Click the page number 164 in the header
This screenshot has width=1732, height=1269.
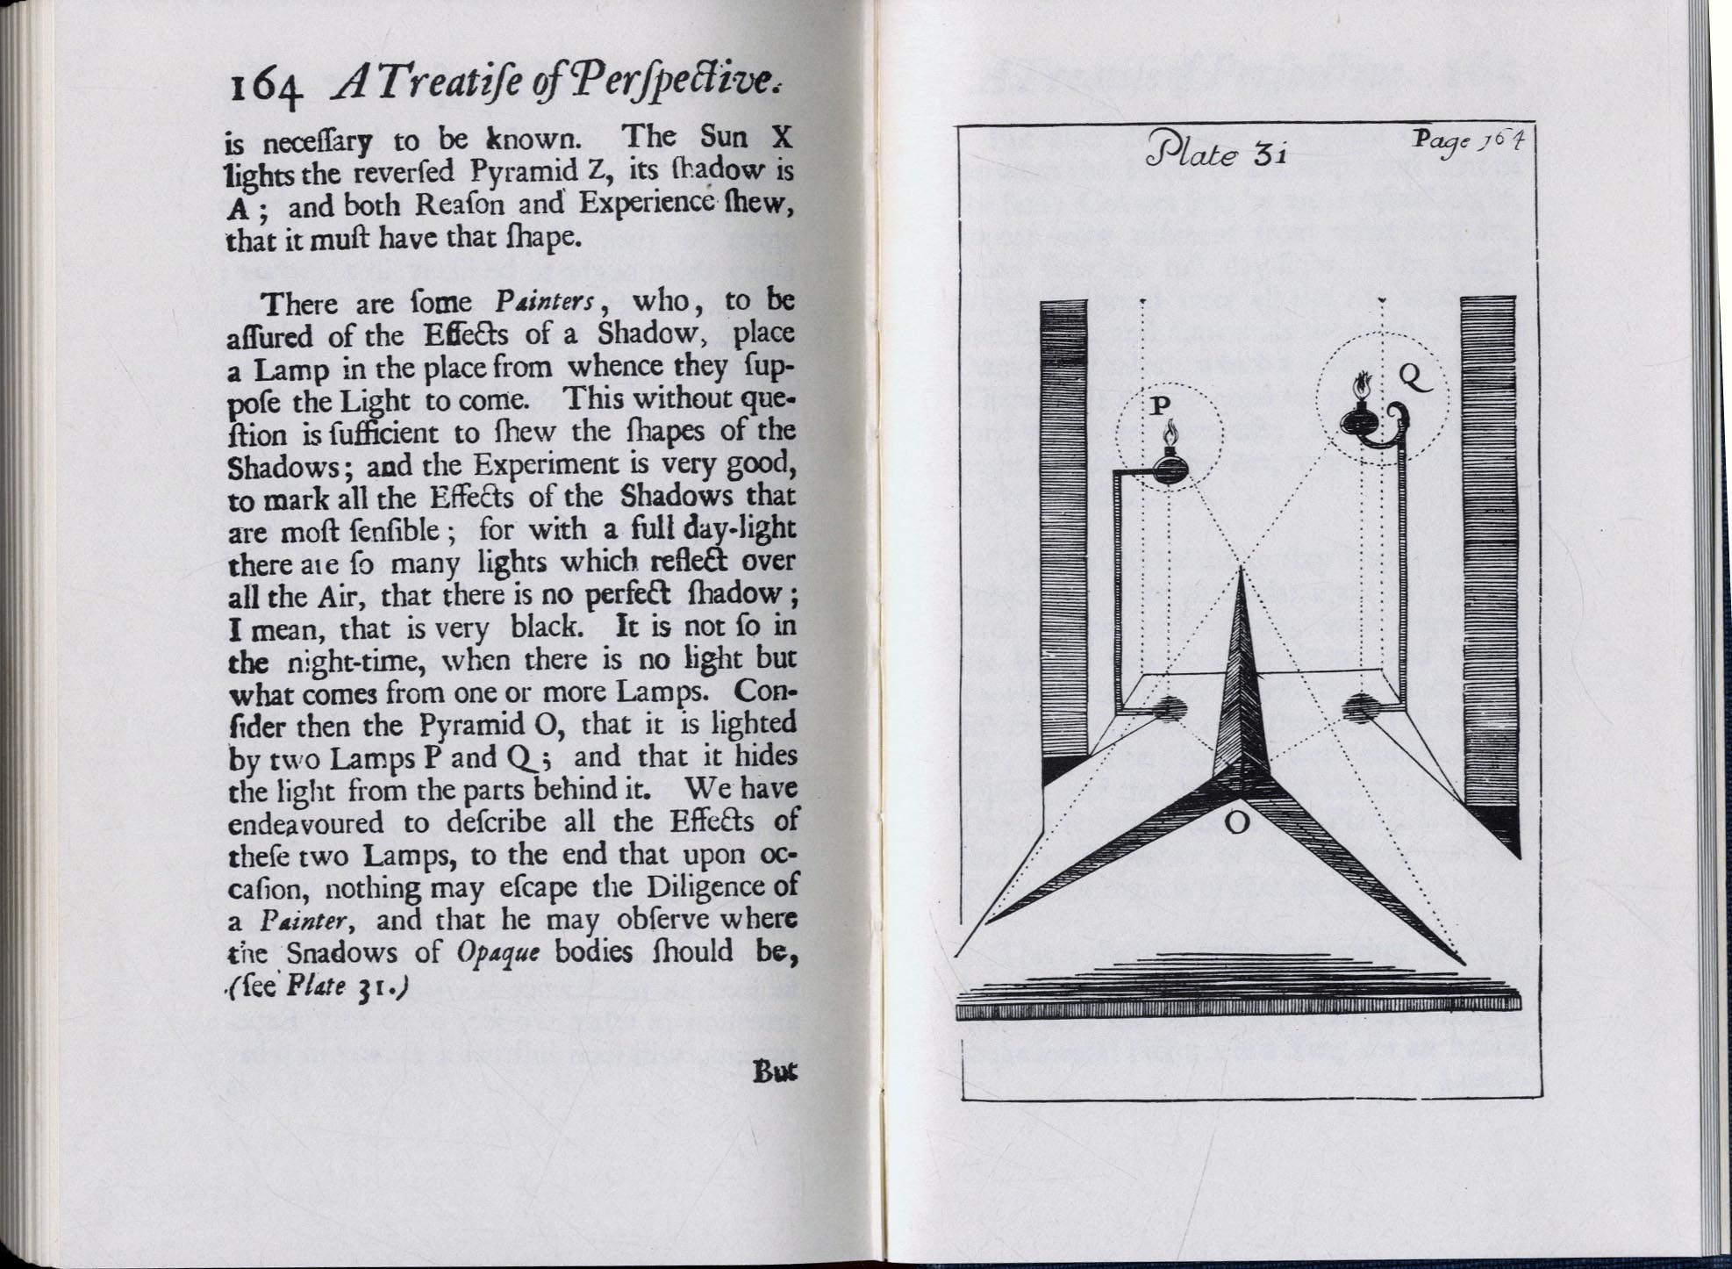point(266,89)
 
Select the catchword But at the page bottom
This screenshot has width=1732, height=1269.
point(775,1072)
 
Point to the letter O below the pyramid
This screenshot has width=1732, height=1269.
point(1236,822)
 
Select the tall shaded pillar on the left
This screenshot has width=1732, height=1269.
point(1063,535)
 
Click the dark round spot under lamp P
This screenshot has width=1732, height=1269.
point(1171,708)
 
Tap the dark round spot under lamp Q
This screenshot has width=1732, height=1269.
point(1361,707)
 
